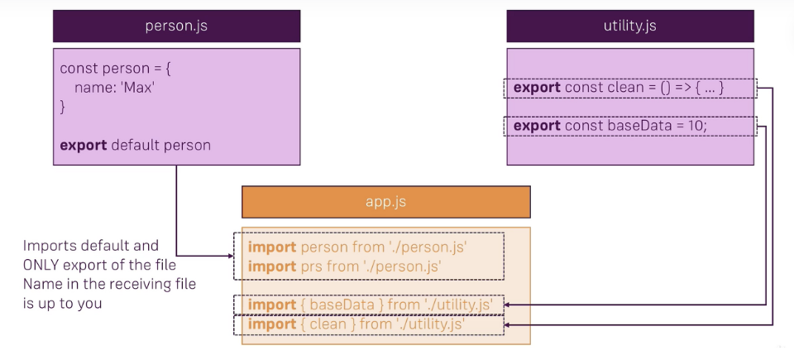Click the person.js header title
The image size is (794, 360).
[175, 26]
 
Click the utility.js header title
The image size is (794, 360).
[630, 26]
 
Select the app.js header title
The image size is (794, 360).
[385, 201]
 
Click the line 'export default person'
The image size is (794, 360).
[135, 145]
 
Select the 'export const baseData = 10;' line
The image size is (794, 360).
[611, 126]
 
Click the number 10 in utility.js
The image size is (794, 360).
[696, 126]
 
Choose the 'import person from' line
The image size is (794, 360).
[364, 247]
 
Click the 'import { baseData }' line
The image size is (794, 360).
[371, 305]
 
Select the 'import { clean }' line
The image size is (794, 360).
[355, 324]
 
